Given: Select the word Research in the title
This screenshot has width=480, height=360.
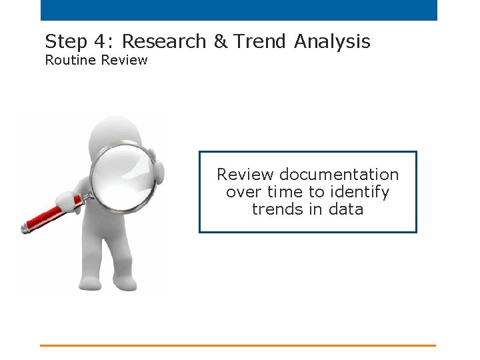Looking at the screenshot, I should [164, 42].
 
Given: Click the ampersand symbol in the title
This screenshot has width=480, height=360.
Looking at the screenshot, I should [220, 42].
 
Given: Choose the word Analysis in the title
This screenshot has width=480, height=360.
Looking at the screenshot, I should [332, 42].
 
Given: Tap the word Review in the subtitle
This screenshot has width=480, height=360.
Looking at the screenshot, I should [123, 61].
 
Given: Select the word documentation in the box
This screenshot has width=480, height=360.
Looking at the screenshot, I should [339, 175].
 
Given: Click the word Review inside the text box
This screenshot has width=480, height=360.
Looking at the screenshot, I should [245, 175].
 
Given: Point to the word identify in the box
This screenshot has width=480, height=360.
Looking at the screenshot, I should [359, 192].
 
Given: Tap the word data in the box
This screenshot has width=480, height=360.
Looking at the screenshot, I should [346, 209].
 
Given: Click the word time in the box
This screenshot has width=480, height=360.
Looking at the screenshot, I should [285, 192].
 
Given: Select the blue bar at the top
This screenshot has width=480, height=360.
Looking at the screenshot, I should [239, 10].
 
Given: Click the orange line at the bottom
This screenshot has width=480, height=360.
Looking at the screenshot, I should [237, 345].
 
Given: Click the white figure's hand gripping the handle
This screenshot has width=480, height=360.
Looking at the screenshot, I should [71, 199].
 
